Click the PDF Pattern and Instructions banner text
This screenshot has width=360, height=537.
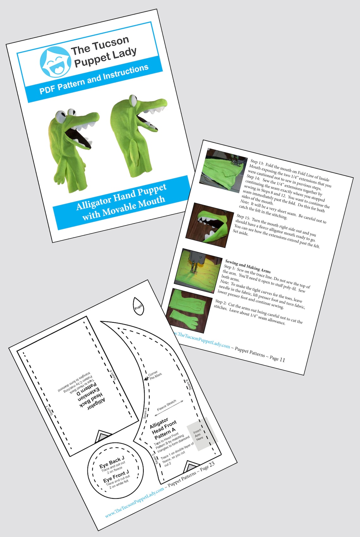pos(94,79)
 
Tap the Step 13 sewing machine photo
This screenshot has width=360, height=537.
pos(223,171)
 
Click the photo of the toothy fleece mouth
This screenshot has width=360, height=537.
pos(210,225)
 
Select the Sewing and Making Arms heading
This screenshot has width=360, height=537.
pos(248,266)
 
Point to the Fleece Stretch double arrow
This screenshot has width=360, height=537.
pos(170,406)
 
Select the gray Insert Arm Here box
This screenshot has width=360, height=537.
pos(202,434)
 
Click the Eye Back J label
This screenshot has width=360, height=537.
pos(112,462)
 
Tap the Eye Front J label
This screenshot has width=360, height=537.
pos(116,476)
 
